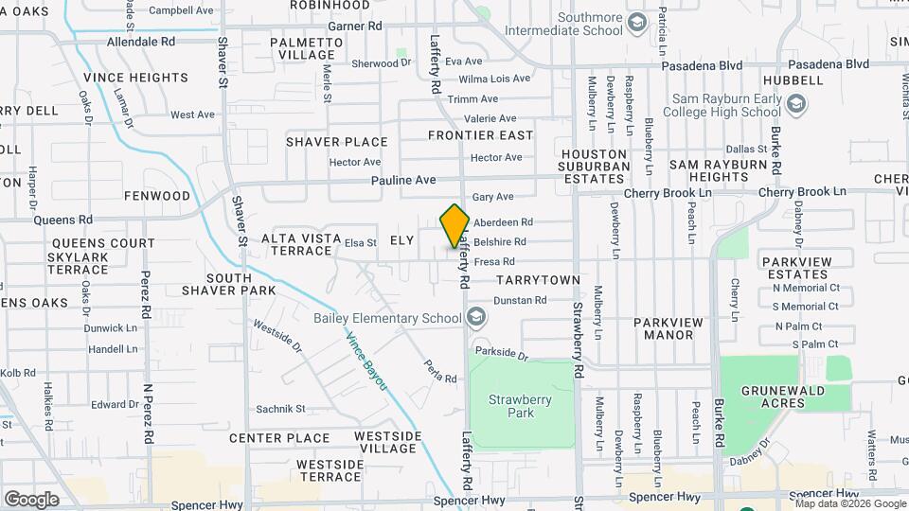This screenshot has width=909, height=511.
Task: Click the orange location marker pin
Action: pyautogui.click(x=454, y=225)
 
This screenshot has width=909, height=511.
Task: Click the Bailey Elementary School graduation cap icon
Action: pyautogui.click(x=475, y=317)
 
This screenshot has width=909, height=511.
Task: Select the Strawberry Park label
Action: pyautogui.click(x=520, y=406)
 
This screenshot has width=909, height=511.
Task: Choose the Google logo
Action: pyautogui.click(x=31, y=499)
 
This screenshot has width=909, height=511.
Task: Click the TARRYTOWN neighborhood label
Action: pyautogui.click(x=538, y=280)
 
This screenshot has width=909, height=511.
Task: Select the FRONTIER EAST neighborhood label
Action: pyautogui.click(x=481, y=135)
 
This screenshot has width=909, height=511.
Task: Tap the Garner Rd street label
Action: pyautogui.click(x=355, y=26)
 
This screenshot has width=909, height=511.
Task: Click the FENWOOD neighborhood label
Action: pyautogui.click(x=157, y=196)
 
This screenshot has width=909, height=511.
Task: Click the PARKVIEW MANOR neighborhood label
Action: pyautogui.click(x=668, y=328)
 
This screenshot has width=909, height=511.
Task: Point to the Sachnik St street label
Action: pyautogui.click(x=280, y=409)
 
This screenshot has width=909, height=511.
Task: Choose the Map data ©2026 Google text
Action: pyautogui.click(x=851, y=502)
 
